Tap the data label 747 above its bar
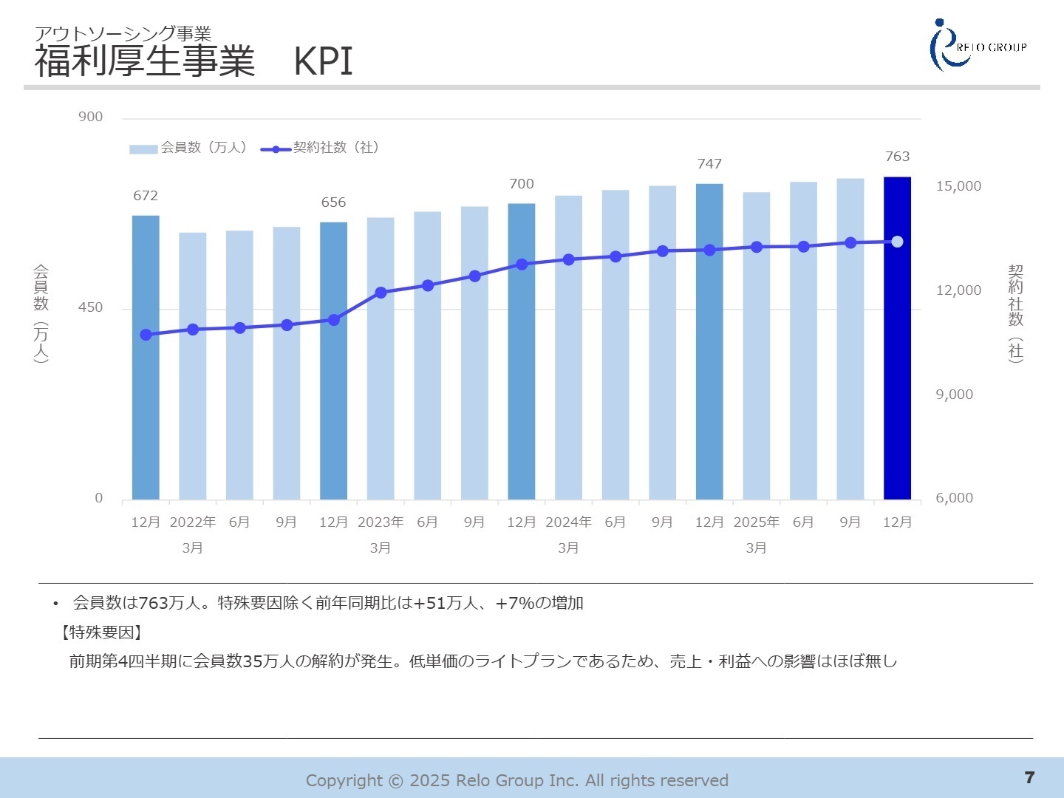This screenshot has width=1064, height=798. (709, 164)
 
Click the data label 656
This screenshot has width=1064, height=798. (333, 202)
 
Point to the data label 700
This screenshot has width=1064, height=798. (521, 184)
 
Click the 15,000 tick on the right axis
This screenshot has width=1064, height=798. (958, 186)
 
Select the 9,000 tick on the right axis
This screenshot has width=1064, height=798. (954, 395)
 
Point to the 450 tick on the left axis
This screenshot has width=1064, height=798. (91, 308)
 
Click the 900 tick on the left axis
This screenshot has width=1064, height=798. (91, 117)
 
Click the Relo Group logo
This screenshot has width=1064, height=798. (977, 46)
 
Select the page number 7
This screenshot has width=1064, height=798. (1029, 777)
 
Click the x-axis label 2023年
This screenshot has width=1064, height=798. (381, 522)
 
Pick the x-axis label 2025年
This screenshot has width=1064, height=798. (756, 522)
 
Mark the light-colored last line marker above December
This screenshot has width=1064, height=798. (897, 242)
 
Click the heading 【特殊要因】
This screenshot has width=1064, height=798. (101, 632)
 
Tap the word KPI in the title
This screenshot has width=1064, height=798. (323, 61)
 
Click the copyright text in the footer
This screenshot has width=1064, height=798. (516, 780)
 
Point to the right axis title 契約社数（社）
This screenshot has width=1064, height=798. (1016, 313)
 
